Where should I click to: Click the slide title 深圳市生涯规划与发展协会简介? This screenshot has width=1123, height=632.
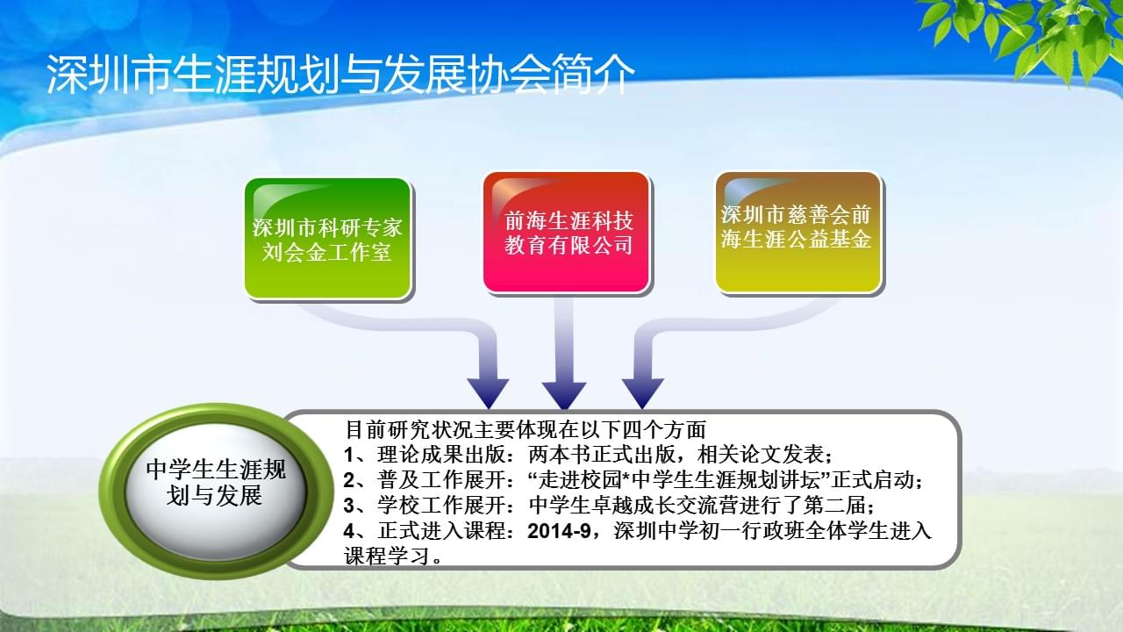(x=341, y=75)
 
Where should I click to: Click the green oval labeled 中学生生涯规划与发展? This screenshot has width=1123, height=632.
(x=216, y=492)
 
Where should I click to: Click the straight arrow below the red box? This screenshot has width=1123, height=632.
(x=564, y=354)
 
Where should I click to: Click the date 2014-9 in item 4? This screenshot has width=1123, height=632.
(x=559, y=531)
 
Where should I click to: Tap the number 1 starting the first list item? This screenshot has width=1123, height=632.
(x=349, y=455)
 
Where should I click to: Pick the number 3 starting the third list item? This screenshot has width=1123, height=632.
(x=349, y=506)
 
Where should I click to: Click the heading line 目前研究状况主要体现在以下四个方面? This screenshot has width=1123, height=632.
(x=526, y=429)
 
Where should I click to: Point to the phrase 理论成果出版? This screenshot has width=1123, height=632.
(x=441, y=455)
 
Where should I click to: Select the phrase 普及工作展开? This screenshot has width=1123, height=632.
(x=441, y=480)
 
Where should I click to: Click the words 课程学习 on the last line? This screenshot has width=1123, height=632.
(x=387, y=556)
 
